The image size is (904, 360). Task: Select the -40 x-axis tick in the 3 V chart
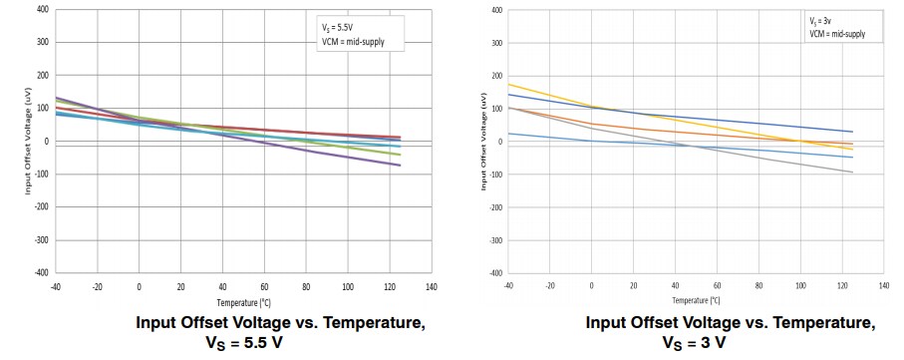pyautogui.click(x=509, y=285)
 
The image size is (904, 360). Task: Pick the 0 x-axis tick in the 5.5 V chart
pyautogui.click(x=139, y=285)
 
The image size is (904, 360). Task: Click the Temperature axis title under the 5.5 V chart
pyautogui.click(x=244, y=299)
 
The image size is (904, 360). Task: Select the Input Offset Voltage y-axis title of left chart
pyautogui.click(x=29, y=141)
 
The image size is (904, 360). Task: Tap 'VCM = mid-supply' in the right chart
pyautogui.click(x=837, y=34)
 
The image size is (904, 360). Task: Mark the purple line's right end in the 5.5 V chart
pyautogui.click(x=401, y=165)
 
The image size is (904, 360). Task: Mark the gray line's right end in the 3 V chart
pyautogui.click(x=853, y=173)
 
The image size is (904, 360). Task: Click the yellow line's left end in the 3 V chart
pyautogui.click(x=509, y=84)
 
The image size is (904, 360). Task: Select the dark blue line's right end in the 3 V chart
pyautogui.click(x=853, y=132)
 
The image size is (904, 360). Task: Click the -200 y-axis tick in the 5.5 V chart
pyautogui.click(x=43, y=206)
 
